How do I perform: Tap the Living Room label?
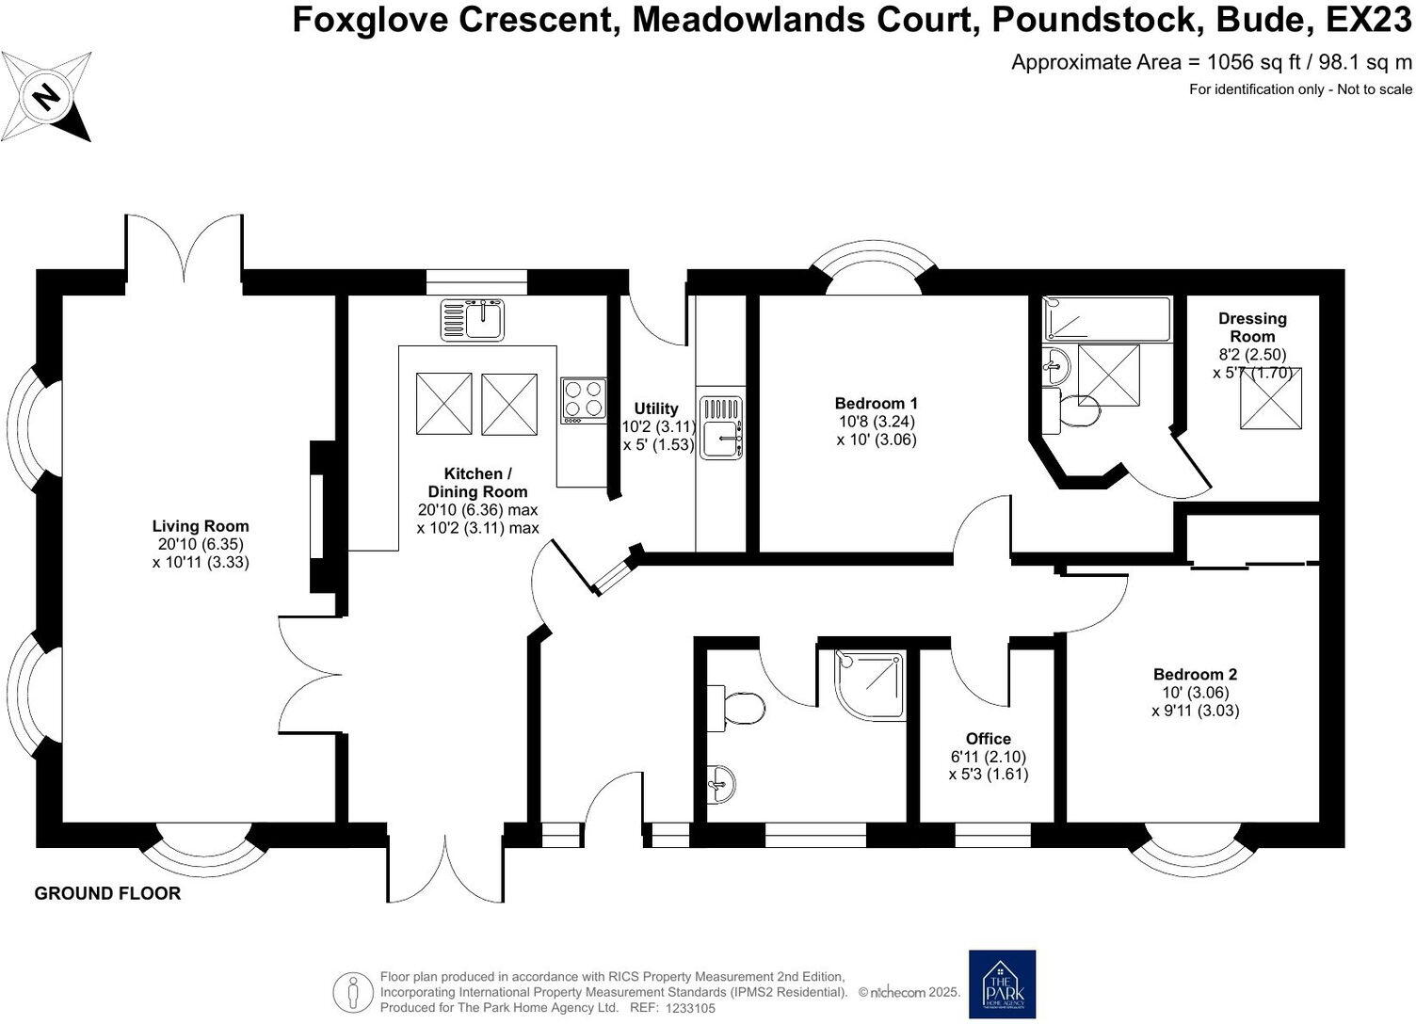click(x=201, y=527)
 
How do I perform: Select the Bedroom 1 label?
click(x=876, y=404)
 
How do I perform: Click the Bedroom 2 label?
click(x=1195, y=675)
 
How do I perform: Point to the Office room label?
click(x=988, y=740)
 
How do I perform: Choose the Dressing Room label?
click(x=1251, y=328)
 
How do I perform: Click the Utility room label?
click(x=655, y=408)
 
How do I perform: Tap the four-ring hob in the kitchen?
click(x=584, y=399)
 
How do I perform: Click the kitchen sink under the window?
click(x=474, y=320)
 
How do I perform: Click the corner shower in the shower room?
click(x=870, y=685)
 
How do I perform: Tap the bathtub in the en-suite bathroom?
click(x=1107, y=319)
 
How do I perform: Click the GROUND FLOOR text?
click(x=107, y=893)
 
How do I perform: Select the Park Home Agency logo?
click(x=1002, y=984)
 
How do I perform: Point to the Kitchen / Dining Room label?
click(x=477, y=483)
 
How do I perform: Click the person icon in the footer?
click(x=353, y=991)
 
